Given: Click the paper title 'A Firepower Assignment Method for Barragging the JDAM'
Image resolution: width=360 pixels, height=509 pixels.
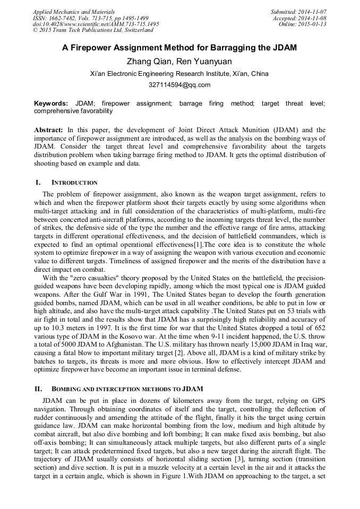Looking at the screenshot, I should click(x=179, y=48).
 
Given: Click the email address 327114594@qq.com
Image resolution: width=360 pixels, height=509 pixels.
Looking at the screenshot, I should click(x=179, y=85).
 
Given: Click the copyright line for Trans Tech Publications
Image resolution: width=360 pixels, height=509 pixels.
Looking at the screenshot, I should click(x=93, y=31).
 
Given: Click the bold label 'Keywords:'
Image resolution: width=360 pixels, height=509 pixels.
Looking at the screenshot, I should click(x=51, y=103).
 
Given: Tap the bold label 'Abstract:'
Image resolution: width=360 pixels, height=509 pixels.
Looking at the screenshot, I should click(x=49, y=130).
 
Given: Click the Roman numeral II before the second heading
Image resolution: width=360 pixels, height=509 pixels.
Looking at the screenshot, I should click(x=38, y=389).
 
